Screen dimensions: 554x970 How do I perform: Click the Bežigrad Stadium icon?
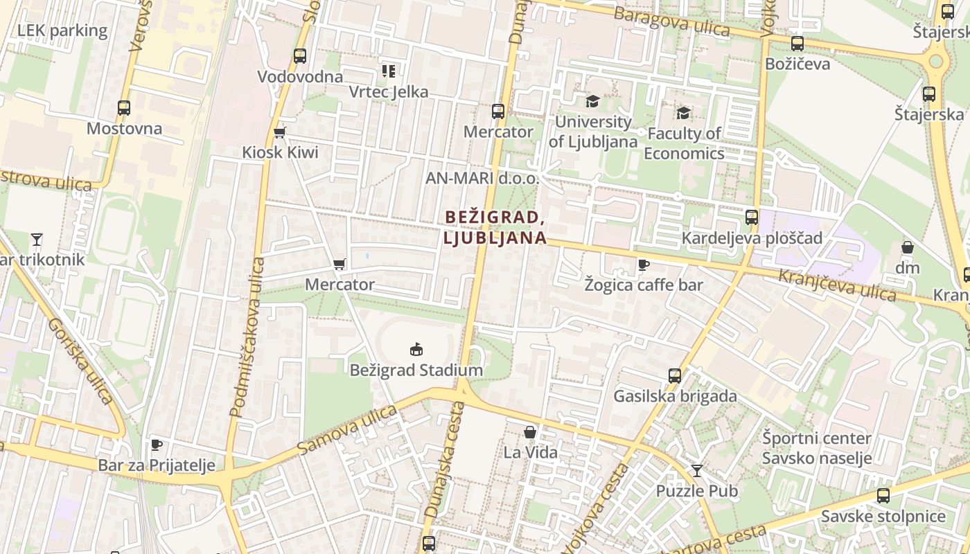[416, 349]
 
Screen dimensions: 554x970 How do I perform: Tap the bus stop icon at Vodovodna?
[299, 56]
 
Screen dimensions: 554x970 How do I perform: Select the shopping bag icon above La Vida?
[530, 432]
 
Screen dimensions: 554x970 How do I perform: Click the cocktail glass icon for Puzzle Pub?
[697, 471]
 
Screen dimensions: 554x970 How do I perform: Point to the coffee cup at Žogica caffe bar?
[643, 265]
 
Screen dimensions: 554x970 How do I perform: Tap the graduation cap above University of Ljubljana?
[592, 102]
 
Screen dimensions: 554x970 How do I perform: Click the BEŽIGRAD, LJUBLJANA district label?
[495, 227]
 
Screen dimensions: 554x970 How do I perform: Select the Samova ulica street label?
[348, 431]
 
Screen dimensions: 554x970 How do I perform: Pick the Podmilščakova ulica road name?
[247, 337]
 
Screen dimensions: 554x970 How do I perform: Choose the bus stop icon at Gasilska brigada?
[675, 376]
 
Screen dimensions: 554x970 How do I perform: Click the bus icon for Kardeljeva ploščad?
[752, 217]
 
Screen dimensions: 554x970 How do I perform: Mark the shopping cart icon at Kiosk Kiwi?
[280, 132]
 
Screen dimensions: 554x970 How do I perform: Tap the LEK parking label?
[62, 30]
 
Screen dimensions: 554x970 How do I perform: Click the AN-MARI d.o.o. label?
[482, 178]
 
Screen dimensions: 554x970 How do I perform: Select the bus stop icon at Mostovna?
[124, 108]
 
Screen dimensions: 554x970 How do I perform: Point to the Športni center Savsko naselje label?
[817, 448]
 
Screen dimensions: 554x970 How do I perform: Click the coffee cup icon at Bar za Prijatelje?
[157, 445]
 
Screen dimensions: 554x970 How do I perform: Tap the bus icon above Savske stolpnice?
[883, 496]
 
